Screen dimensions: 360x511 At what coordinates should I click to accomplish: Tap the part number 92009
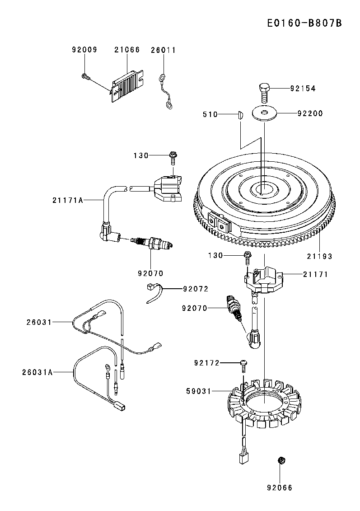tap(85, 50)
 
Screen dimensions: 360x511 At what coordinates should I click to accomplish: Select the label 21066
tap(127, 50)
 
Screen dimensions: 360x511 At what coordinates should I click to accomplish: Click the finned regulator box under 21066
tap(127, 86)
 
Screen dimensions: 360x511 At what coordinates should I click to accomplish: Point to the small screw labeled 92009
tap(85, 76)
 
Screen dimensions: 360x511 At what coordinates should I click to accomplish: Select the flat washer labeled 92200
tap(265, 113)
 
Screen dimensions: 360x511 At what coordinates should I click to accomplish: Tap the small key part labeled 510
tap(240, 115)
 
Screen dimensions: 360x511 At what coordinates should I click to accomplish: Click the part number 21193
tap(320, 257)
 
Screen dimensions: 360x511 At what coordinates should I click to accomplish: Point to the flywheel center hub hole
tap(264, 189)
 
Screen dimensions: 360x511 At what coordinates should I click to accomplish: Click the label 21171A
tap(68, 200)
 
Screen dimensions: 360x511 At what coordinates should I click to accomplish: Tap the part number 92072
tap(196, 289)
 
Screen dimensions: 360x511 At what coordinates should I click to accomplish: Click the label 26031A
tap(37, 372)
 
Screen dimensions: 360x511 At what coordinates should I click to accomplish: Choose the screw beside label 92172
tap(244, 366)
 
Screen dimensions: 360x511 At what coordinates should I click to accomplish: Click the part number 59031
tap(199, 391)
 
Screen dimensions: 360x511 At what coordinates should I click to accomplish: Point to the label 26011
tap(164, 50)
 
